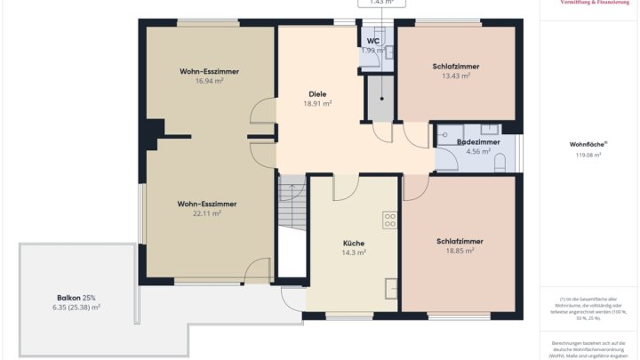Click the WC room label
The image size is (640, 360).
coord(373,41)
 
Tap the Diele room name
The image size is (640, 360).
coord(317,93)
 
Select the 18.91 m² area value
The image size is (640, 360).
coord(317,103)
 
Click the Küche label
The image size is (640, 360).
coord(354,243)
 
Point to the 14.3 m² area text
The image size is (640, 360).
coord(354,252)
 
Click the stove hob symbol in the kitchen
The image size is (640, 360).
coord(389,219)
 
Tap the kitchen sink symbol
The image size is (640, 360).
coord(390,288)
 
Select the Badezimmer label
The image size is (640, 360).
coord(477,141)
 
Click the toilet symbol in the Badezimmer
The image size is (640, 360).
coord(500,162)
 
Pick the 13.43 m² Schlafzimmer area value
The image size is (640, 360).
coord(455,76)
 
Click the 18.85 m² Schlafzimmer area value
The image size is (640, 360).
coord(460,251)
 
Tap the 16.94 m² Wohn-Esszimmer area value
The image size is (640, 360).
coord(209,80)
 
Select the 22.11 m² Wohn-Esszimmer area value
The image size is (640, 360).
coord(207,213)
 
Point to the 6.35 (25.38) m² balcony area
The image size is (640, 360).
coord(76,307)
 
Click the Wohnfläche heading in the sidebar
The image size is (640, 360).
coord(588,143)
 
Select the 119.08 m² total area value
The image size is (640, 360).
coord(588,155)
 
